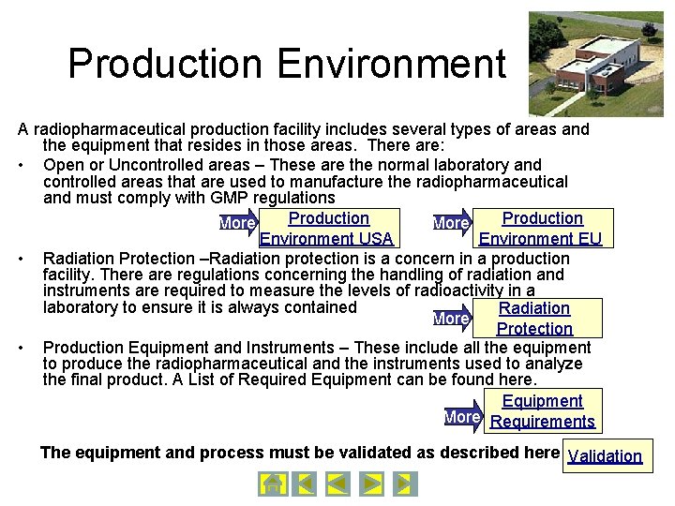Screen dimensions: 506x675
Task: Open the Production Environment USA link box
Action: (x=327, y=229)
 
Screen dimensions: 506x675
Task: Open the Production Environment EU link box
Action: (x=541, y=229)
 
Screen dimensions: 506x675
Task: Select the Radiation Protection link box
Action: (x=534, y=319)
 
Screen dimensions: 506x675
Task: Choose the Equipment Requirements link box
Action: (x=542, y=411)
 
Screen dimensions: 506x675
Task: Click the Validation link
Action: (x=605, y=456)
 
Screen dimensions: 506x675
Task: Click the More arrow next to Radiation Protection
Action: (x=451, y=319)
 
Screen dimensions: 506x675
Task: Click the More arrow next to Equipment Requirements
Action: (x=462, y=417)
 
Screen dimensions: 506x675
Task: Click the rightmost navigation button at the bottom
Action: (x=404, y=484)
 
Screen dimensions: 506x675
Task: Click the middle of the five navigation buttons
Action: (x=337, y=484)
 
